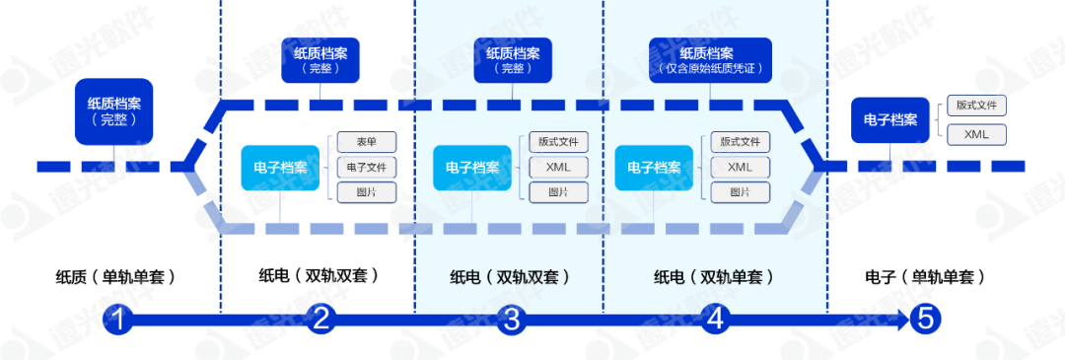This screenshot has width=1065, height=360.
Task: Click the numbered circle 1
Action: click(118, 320)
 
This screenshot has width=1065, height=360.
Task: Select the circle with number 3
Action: click(511, 320)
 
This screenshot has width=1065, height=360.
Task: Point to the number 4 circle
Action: click(715, 320)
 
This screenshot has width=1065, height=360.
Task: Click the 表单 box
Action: click(367, 143)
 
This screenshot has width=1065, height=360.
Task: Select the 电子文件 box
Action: click(367, 168)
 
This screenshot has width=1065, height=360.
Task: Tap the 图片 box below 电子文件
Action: click(367, 192)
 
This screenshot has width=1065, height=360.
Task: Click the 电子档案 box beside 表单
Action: click(279, 168)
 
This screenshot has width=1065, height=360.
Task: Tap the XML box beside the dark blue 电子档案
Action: click(975, 134)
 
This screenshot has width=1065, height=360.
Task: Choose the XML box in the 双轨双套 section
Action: click(558, 168)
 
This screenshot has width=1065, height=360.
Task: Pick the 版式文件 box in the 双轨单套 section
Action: click(740, 143)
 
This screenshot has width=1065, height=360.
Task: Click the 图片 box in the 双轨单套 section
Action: click(740, 192)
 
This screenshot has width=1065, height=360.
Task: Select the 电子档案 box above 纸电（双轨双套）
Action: click(471, 168)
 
